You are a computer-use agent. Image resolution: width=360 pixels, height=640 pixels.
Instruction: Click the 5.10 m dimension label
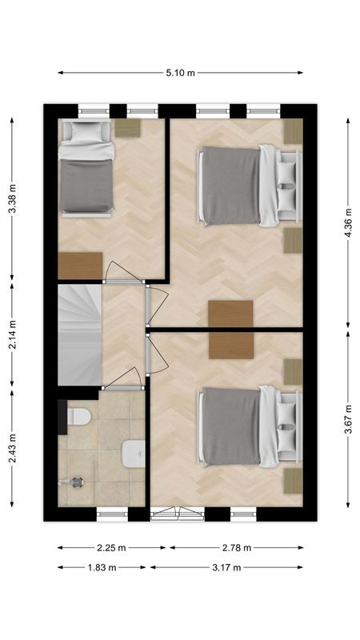pyautogui.click(x=180, y=73)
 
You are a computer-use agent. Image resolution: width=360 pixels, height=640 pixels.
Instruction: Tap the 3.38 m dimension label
pyautogui.click(x=11, y=200)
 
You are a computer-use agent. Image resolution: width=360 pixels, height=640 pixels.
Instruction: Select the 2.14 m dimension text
pyautogui.click(x=11, y=336)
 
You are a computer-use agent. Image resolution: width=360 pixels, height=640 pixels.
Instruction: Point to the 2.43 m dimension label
pyautogui.click(x=11, y=450)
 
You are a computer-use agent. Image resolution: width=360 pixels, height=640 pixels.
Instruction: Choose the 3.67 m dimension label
pyautogui.click(x=349, y=416)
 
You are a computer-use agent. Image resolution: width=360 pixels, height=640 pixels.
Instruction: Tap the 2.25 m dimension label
pyautogui.click(x=111, y=548)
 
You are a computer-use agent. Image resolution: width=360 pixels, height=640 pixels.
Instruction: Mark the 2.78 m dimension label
pyautogui.click(x=236, y=548)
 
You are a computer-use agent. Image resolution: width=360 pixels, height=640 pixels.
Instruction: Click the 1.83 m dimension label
pyautogui.click(x=101, y=567)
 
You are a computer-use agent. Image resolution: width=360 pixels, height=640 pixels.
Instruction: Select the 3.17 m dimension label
pyautogui.click(x=226, y=567)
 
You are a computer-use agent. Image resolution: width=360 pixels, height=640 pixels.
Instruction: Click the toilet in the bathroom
pyautogui.click(x=78, y=417)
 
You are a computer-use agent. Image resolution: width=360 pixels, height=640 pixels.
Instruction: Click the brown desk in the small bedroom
pyautogui.click(x=80, y=265)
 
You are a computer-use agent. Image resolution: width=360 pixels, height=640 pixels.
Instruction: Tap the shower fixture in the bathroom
pyautogui.click(x=76, y=482)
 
